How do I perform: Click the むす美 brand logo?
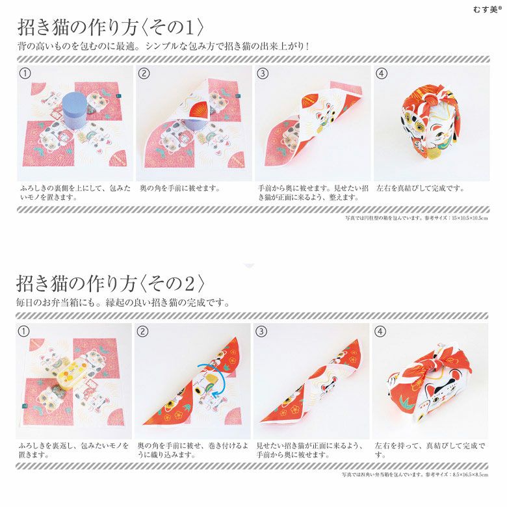pyautogui.click(x=487, y=10)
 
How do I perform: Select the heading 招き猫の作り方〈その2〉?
pyautogui.click(x=110, y=283)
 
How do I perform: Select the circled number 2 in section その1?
pyautogui.click(x=144, y=73)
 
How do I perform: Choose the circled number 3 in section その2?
pyautogui.click(x=261, y=331)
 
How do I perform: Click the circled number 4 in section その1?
pyautogui.click(x=381, y=73)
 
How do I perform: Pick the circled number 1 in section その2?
pyautogui.click(x=24, y=331)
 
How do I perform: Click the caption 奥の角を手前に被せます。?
pyautogui.click(x=180, y=188)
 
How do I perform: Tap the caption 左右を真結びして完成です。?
pyautogui.click(x=421, y=188)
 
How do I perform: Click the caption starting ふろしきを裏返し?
pyautogui.click(x=73, y=450)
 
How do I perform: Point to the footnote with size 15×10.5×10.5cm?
pyautogui.click(x=417, y=218)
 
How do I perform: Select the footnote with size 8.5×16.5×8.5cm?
pyautogui.click(x=415, y=474)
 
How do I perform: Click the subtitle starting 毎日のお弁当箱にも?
pyautogui.click(x=123, y=303)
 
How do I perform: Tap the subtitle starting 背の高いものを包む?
pyautogui.click(x=163, y=46)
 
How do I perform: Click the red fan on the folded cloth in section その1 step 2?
pyautogui.click(x=198, y=109)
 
